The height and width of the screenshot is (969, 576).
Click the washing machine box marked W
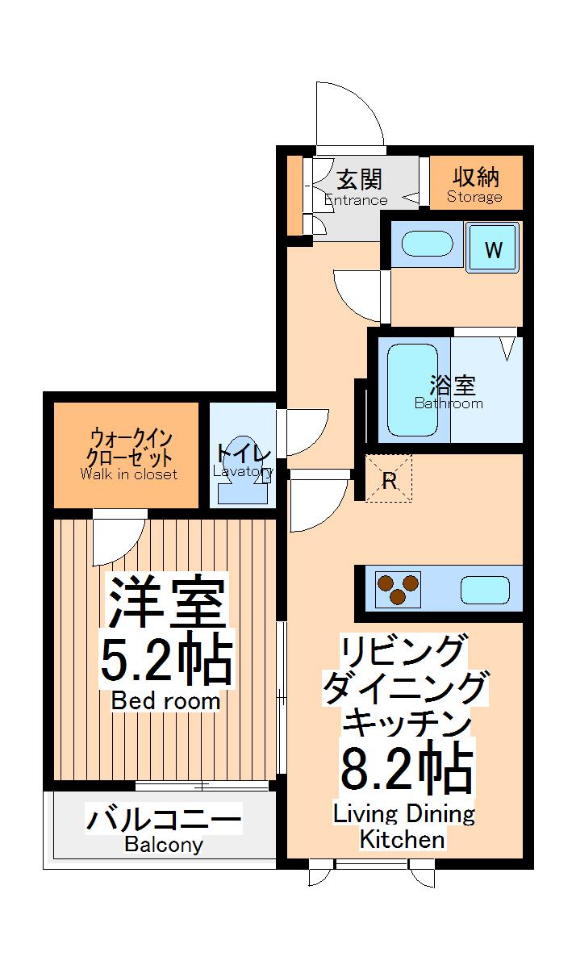pos(493,250)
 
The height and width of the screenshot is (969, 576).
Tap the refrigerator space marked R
pos(389,479)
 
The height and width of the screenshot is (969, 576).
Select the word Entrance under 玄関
pos(356,200)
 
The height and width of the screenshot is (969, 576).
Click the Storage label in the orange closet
pos(474,197)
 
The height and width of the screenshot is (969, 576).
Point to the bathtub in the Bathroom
pos(412,390)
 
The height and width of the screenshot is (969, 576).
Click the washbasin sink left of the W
pos(427,244)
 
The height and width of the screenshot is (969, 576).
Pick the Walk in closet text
pos(128,474)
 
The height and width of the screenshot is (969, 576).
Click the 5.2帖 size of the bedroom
pos(165,661)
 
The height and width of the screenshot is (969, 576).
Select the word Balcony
pos(164,846)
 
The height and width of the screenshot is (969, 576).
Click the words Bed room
pos(165,701)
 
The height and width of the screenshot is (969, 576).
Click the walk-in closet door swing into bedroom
pos(117,540)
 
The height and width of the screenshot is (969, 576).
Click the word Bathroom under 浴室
pos(449,403)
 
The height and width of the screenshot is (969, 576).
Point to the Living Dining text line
pos(404,813)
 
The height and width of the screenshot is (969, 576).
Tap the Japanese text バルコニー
pos(164,821)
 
